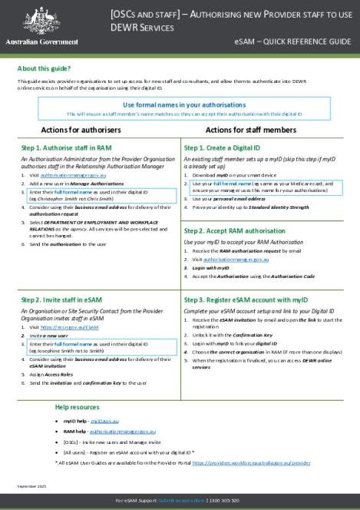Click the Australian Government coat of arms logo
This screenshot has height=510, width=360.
coord(34,21)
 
